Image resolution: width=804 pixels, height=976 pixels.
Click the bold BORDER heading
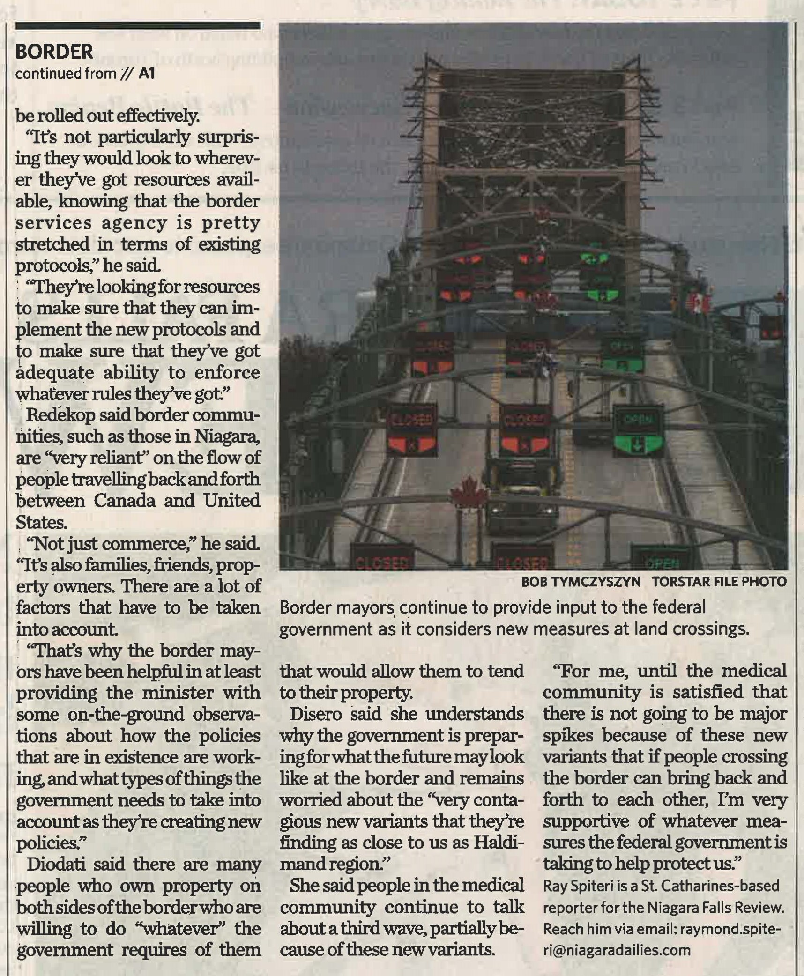coord(54,52)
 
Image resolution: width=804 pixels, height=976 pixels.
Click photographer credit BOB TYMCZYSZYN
coord(581,582)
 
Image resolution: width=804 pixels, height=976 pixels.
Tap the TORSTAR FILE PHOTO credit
coord(719,582)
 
